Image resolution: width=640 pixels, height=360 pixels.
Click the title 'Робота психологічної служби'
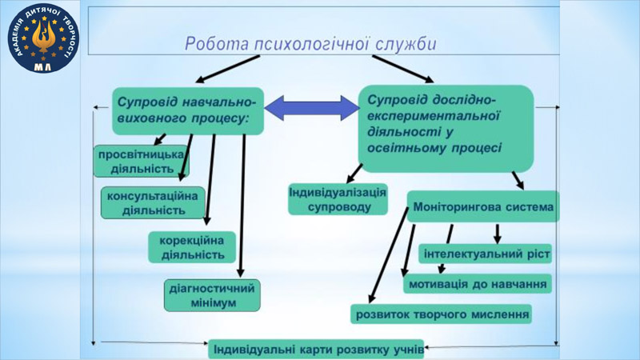[x=310, y=44]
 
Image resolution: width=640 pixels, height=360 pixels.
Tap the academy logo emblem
[x=43, y=38]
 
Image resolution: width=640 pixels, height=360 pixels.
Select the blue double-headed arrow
[x=312, y=108]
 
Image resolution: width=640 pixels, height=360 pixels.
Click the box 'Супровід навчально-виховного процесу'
[x=188, y=111]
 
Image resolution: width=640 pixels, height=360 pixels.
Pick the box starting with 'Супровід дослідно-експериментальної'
[x=446, y=128]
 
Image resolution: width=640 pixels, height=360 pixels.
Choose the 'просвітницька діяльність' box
[x=141, y=162]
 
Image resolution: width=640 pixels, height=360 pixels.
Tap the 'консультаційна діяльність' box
[x=153, y=203]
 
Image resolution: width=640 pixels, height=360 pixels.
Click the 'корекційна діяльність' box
[x=192, y=247]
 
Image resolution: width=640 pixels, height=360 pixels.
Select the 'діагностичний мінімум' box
[x=212, y=295]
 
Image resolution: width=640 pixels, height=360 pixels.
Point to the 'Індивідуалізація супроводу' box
[x=338, y=199]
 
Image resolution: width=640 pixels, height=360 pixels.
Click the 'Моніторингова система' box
[x=483, y=206]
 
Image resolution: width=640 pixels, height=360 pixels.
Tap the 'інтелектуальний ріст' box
[x=486, y=254]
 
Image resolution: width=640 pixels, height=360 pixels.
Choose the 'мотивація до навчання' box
[x=478, y=284]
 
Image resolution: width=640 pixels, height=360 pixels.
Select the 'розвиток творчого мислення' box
[x=442, y=314]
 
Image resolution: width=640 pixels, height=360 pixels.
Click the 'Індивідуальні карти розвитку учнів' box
[x=316, y=350]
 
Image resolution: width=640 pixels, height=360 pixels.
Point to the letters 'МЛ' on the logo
[x=43, y=67]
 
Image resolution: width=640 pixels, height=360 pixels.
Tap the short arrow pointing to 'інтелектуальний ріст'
[x=497, y=234]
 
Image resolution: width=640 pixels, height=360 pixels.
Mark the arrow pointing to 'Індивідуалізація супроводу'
[x=354, y=174]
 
